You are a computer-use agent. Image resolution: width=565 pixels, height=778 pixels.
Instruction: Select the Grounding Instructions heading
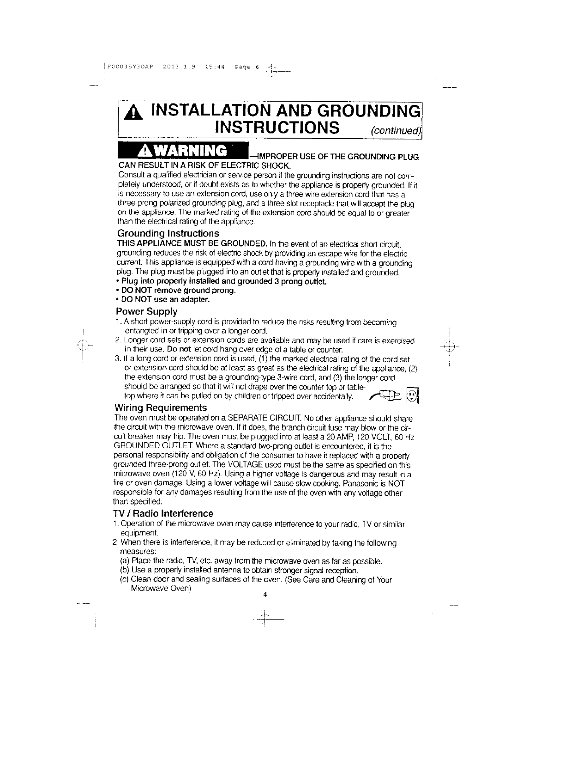pos(168,233)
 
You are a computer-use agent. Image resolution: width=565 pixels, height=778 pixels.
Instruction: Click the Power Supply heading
pos(147,311)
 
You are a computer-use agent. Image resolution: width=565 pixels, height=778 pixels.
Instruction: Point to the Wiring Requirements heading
pos(161,408)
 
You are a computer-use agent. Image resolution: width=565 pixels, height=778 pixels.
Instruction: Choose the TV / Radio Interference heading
pos(163,514)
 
